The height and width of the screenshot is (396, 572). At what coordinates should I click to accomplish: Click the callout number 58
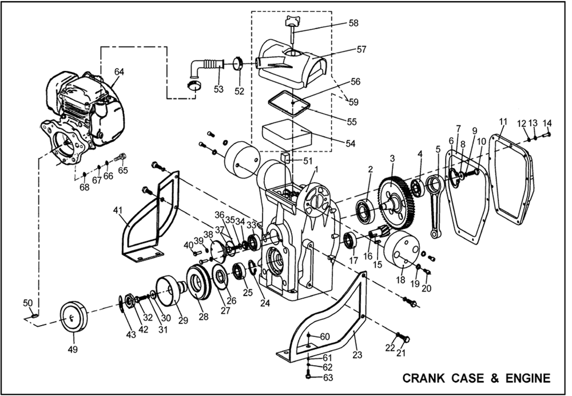click(x=353, y=23)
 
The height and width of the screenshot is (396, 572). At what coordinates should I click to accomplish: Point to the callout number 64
click(x=119, y=72)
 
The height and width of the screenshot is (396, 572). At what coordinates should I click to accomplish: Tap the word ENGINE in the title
click(x=529, y=378)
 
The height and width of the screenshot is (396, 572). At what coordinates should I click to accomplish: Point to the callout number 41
click(x=118, y=211)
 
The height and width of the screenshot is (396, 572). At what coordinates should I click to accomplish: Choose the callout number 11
click(x=503, y=121)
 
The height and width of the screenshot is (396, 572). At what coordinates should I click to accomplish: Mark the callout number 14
click(x=547, y=122)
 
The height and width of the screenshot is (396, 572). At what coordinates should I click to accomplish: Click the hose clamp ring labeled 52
click(x=239, y=62)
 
